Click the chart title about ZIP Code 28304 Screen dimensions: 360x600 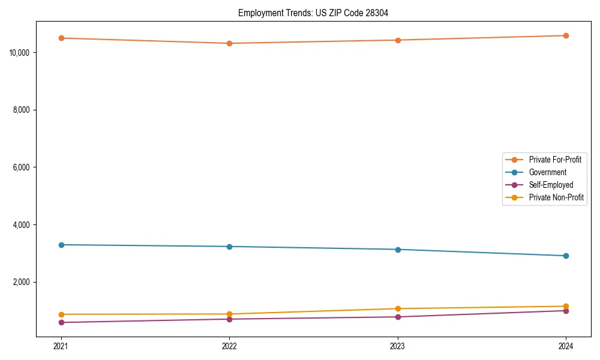click(313, 13)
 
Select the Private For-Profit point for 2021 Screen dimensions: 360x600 click(61, 38)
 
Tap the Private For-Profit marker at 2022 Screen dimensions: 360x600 click(229, 43)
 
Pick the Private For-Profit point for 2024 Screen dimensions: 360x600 click(566, 35)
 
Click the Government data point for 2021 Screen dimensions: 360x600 click(61, 245)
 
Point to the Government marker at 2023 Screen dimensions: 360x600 click(398, 250)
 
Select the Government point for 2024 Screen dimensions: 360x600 click(566, 256)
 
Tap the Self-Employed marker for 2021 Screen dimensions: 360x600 click(61, 322)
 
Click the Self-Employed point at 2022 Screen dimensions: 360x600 click(229, 319)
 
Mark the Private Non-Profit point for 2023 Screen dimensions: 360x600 click(398, 308)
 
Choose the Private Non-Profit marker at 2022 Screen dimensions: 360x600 click(229, 314)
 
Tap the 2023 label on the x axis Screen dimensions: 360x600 click(398, 346)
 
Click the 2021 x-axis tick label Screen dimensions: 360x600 click(61, 346)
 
